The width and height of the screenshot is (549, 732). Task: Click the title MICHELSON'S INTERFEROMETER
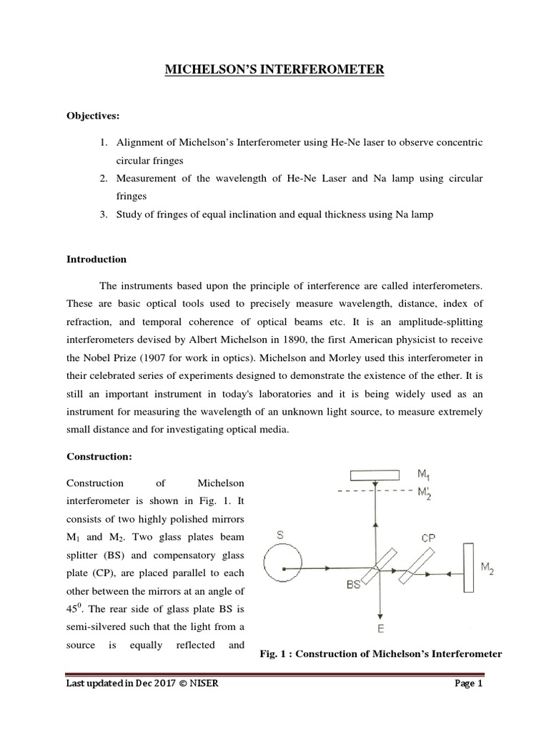[275, 69]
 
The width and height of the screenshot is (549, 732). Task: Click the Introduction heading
[96, 259]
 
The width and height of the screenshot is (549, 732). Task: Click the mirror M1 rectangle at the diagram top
[375, 475]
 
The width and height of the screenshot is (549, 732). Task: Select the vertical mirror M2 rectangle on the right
[469, 568]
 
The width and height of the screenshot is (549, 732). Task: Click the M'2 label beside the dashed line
[425, 493]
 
